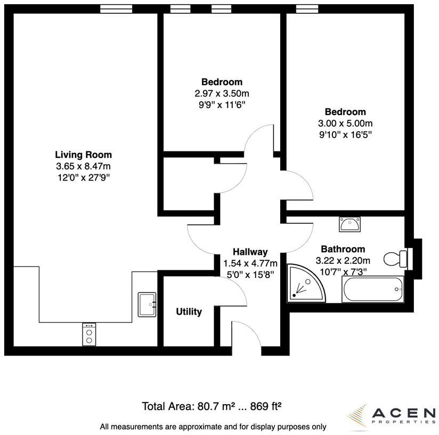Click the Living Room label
point(84,155)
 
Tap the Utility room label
point(189,312)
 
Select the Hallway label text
point(250,252)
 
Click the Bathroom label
point(343,249)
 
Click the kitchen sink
point(147,304)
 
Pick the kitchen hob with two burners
point(88,334)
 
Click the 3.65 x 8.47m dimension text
point(84,166)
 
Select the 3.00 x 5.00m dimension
point(345,123)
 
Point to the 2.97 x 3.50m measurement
point(222,93)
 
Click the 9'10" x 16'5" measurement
point(345,134)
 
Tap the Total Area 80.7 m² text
point(211,406)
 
